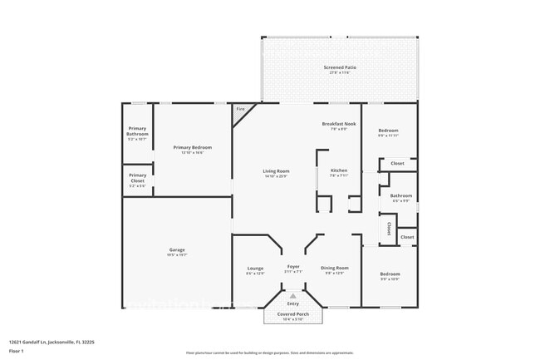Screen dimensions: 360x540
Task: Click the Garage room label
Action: pos(177,250)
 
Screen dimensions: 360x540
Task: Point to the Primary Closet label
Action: pos(137,175)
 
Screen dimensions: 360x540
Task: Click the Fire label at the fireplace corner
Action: pos(241,109)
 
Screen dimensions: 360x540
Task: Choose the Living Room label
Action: pos(276,171)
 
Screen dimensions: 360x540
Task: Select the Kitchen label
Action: pos(338,170)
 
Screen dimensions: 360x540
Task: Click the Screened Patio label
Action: pos(338,67)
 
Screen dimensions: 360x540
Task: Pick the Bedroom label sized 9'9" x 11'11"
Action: pos(388,131)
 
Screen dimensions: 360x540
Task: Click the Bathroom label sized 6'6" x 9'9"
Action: pos(400,196)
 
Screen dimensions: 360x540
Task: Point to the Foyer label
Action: pos(293,266)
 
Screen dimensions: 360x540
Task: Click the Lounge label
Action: pos(255,268)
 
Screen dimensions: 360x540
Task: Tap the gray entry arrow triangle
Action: pos(292,294)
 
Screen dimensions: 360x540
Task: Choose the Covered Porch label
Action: pos(292,313)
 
